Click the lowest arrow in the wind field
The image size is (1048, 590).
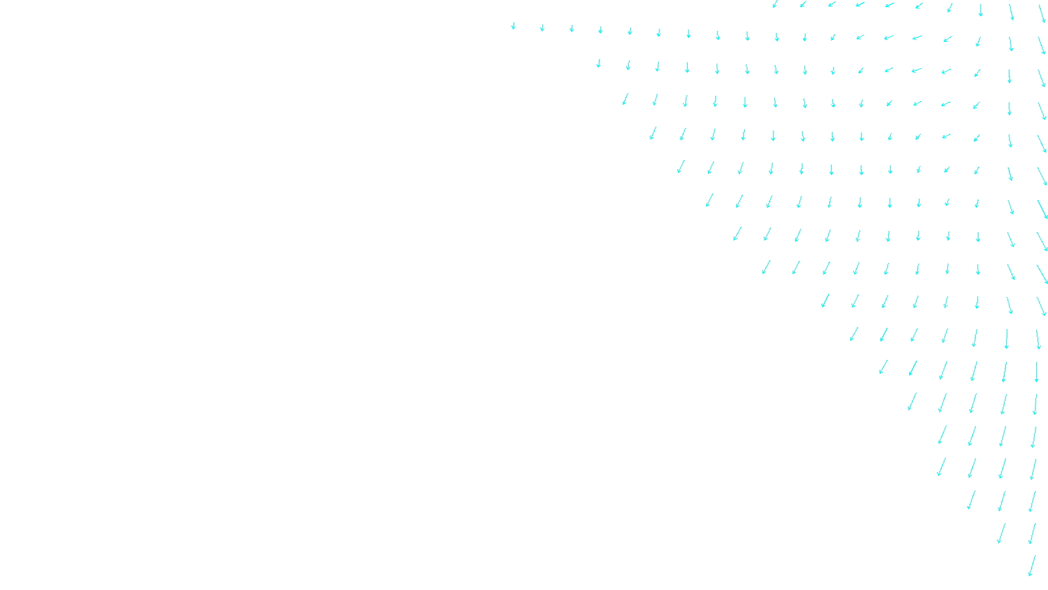click(1032, 566)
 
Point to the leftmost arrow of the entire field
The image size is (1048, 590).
click(514, 26)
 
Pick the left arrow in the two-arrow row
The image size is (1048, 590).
click(1001, 533)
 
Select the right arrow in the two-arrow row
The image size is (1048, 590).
click(1032, 533)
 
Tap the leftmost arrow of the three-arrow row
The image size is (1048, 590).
click(971, 500)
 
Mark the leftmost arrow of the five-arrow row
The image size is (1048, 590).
click(911, 401)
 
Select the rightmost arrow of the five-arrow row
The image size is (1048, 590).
click(1036, 404)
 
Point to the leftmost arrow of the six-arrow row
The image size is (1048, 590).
click(884, 366)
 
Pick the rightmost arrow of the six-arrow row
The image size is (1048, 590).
click(1037, 372)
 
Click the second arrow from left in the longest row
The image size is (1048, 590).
click(542, 28)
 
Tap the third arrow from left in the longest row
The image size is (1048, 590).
click(572, 28)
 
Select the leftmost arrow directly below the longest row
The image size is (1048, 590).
click(599, 63)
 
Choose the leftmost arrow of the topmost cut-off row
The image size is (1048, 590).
click(776, 4)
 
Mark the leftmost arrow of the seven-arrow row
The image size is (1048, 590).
click(853, 334)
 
